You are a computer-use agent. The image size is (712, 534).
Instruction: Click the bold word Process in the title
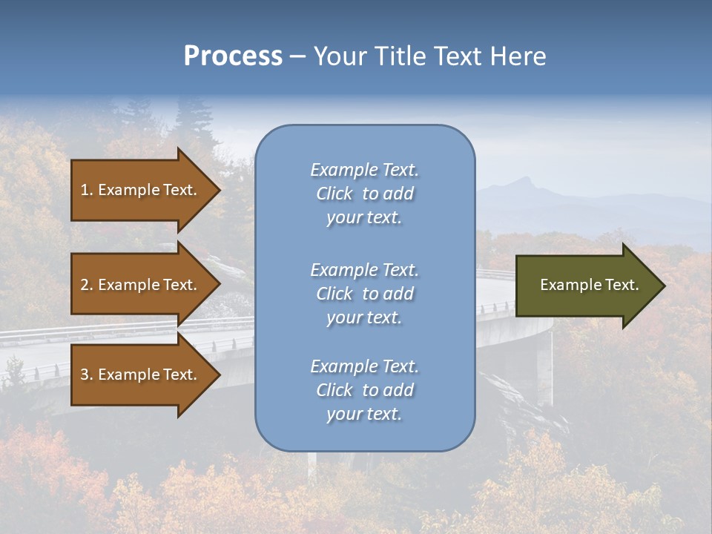tap(233, 56)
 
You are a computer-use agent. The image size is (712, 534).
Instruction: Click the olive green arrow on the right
tap(586, 285)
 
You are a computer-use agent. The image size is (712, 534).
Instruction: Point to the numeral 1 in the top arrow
tap(85, 190)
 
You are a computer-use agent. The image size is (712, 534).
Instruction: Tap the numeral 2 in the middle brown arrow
tap(85, 285)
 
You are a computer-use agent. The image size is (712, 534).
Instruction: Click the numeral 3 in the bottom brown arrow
tap(85, 375)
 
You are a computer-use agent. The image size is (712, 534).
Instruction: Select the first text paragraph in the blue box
tap(364, 194)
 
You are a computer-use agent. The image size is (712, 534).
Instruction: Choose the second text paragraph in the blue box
tap(364, 294)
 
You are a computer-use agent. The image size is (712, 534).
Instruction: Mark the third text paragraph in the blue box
tap(364, 390)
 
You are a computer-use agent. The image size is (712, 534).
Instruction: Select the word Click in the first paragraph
tap(334, 194)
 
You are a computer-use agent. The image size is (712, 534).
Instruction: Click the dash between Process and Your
tap(297, 56)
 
